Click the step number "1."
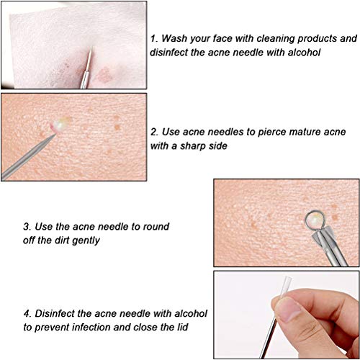(x=154, y=37)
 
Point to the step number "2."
(x=155, y=132)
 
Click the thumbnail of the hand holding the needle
(x=287, y=315)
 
